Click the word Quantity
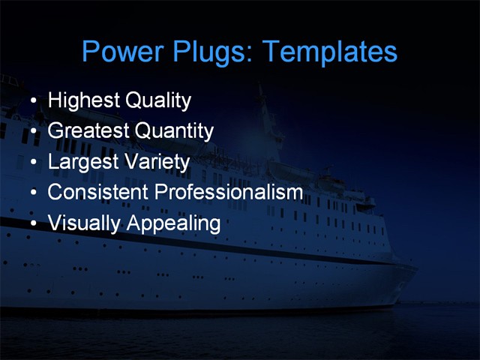pyautogui.click(x=174, y=131)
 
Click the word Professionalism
pyautogui.click(x=229, y=192)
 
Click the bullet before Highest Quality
pyautogui.click(x=32, y=101)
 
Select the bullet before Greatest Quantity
pyautogui.click(x=32, y=132)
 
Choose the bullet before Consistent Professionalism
pyautogui.click(x=32, y=193)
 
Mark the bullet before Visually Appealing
pyautogui.click(x=32, y=224)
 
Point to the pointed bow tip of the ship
pyautogui.click(x=417, y=263)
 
